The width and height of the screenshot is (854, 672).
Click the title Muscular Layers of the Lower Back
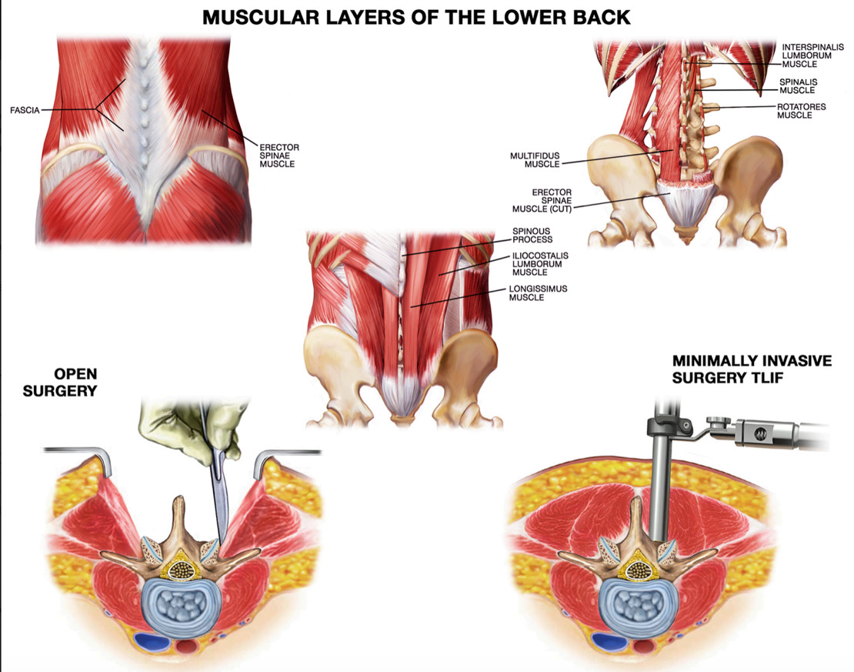(x=416, y=17)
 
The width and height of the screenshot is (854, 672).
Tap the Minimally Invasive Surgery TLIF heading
(x=751, y=369)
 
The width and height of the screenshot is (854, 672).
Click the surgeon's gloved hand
(x=173, y=427)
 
